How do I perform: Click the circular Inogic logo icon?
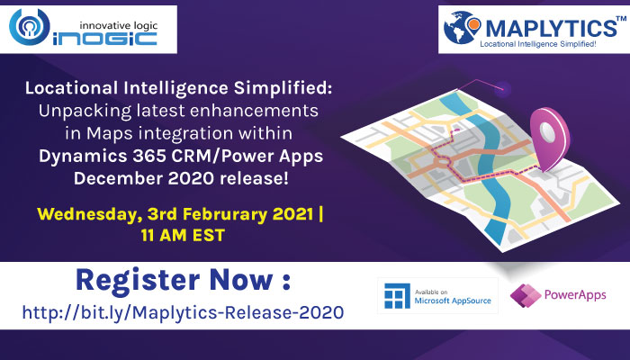pos(30,26)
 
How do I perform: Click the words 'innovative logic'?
pos(119,26)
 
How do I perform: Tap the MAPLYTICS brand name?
pos(551,28)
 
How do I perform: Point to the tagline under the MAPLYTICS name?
pos(538,44)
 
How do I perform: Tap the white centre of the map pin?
pos(547,131)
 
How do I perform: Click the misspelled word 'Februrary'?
pos(225,214)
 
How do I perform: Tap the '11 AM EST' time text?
pos(183,236)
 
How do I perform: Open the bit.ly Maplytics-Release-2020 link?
pos(184,312)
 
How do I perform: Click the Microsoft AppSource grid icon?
pos(398,296)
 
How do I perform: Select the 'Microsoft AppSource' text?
pos(453,301)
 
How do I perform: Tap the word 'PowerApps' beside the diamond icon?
pos(575,295)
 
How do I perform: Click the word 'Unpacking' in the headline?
pos(85,112)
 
